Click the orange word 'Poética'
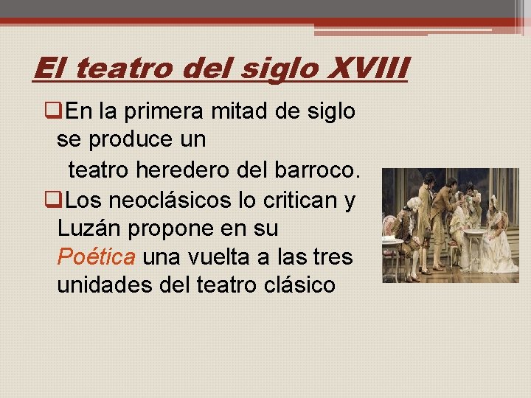click(96, 257)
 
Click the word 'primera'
click(167, 113)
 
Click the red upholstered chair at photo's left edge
click(390, 236)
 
